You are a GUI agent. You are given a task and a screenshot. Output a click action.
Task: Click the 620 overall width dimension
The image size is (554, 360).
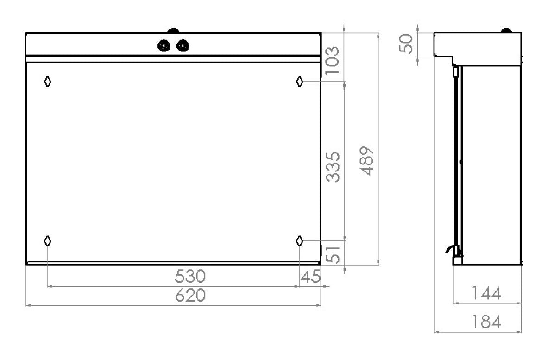click(190, 295)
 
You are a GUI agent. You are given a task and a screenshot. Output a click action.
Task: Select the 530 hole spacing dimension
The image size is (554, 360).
click(190, 276)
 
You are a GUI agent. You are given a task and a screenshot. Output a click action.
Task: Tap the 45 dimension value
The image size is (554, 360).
click(310, 277)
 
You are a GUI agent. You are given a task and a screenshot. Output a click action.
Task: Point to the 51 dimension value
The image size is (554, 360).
click(334, 253)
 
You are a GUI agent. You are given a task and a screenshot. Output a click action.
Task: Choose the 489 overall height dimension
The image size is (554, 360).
click(368, 162)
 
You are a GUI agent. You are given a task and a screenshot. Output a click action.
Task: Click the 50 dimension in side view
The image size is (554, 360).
click(406, 44)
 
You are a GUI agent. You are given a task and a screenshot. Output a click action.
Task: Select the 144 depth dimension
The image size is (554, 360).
click(486, 293)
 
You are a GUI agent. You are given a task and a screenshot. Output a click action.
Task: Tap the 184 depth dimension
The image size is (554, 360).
click(486, 322)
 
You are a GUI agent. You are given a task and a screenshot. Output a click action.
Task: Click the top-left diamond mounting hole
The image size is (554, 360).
click(47, 82)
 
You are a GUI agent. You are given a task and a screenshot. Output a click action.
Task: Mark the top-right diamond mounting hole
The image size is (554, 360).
click(300, 82)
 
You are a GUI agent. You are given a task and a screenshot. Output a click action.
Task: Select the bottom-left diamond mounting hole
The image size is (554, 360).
click(47, 240)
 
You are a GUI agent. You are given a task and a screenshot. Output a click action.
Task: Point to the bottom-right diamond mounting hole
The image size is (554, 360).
click(300, 240)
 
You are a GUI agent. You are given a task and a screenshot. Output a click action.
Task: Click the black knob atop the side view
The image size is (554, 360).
click(507, 31)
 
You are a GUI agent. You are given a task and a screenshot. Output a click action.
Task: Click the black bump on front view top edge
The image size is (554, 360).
click(173, 31)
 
